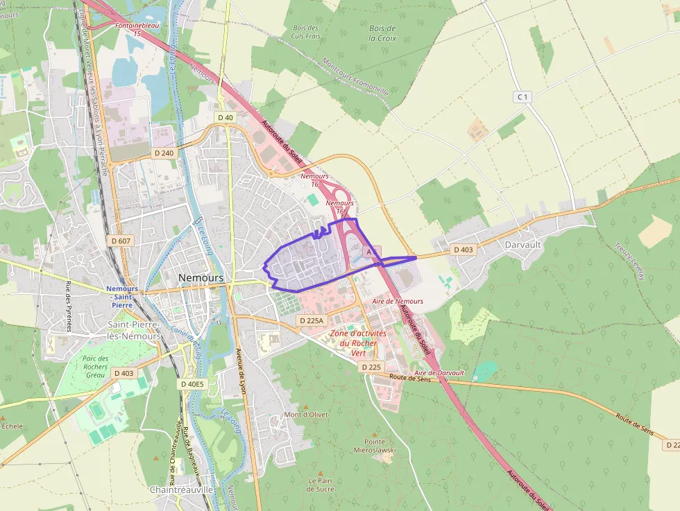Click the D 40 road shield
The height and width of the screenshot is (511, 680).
point(226,117)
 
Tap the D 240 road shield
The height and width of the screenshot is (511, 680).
point(164,153)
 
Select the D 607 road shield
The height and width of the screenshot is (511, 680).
point(121,241)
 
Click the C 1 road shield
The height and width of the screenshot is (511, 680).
point(522,97)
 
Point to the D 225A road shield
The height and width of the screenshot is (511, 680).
point(311,320)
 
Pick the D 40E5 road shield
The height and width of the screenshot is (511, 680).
point(192,383)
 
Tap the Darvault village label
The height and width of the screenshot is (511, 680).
point(523,245)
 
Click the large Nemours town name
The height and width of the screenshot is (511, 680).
point(201,277)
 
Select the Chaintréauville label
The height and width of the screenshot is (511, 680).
point(182,489)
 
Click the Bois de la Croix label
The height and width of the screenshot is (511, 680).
point(382,33)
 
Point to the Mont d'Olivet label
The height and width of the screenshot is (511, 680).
point(306,415)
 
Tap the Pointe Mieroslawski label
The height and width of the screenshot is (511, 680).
point(380,445)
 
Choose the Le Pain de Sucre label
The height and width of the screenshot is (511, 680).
point(321,484)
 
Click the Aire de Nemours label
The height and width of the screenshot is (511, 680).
point(398,301)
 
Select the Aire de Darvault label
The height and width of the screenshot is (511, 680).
point(439,373)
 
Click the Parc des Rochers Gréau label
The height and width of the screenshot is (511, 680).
point(95,366)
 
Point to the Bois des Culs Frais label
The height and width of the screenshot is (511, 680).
point(306,31)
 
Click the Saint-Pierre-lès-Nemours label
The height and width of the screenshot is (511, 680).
point(135,330)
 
